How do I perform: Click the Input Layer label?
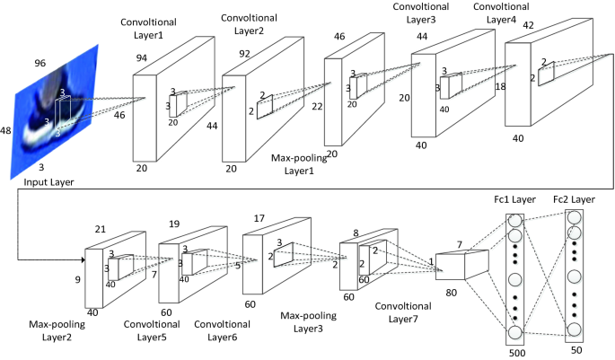pyautogui.click(x=47, y=183)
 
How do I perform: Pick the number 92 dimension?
pyautogui.click(x=244, y=53)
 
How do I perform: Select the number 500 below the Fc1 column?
pyautogui.click(x=515, y=353)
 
